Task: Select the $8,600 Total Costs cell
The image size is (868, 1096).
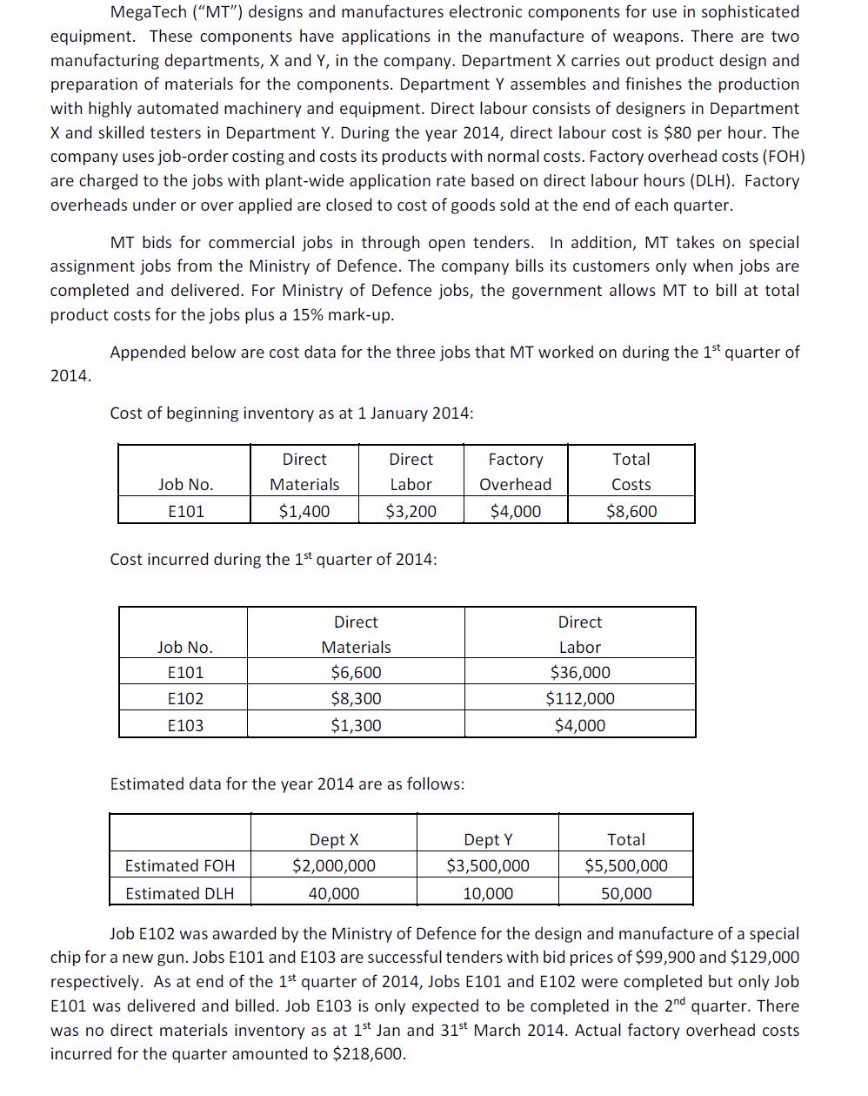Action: [631, 511]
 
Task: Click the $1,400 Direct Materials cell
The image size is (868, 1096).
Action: [304, 511]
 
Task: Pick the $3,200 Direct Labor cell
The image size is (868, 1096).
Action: [411, 511]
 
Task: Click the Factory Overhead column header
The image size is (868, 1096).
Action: [516, 471]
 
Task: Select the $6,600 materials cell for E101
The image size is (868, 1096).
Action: [356, 672]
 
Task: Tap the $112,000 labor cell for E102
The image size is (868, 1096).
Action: [579, 698]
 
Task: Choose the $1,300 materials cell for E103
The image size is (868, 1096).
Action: [356, 725]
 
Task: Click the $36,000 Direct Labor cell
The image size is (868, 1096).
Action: [579, 672]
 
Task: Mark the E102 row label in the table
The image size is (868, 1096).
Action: [184, 698]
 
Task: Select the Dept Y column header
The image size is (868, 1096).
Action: [488, 839]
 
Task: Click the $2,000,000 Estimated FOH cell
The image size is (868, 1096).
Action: [334, 865]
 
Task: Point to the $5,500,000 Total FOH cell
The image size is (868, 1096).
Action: [626, 865]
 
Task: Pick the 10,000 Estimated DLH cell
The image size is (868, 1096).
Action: [488, 893]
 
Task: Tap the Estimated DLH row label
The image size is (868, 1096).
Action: [179, 893]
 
